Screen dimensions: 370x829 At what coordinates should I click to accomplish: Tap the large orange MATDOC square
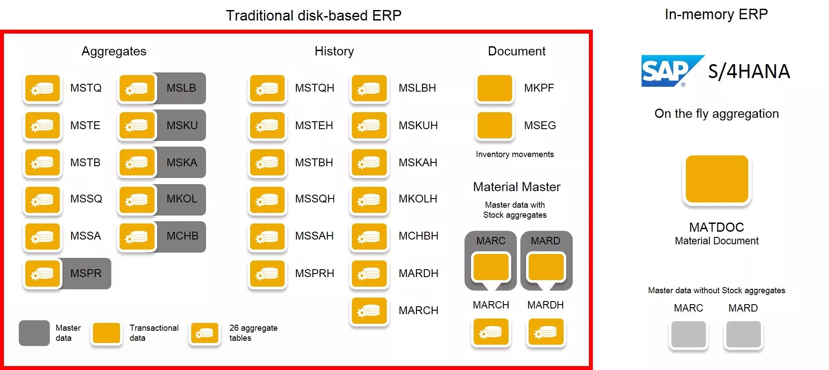(717, 179)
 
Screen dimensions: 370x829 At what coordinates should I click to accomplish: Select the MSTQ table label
(86, 88)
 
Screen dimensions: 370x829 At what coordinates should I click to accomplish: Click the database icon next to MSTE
(42, 126)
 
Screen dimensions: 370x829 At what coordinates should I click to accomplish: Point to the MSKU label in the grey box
(182, 126)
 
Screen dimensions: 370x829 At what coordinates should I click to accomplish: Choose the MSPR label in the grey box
(86, 274)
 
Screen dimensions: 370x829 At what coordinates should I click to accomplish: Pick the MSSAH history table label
(314, 236)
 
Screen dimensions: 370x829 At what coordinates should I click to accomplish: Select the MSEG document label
(540, 126)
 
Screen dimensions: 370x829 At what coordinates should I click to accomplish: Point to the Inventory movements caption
(515, 154)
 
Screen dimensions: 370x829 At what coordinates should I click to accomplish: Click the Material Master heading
(516, 187)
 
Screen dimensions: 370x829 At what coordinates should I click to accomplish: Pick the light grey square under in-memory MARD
(743, 334)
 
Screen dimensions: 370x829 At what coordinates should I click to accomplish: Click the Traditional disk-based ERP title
(313, 16)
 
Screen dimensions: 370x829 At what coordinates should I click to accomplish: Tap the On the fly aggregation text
(716, 114)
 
